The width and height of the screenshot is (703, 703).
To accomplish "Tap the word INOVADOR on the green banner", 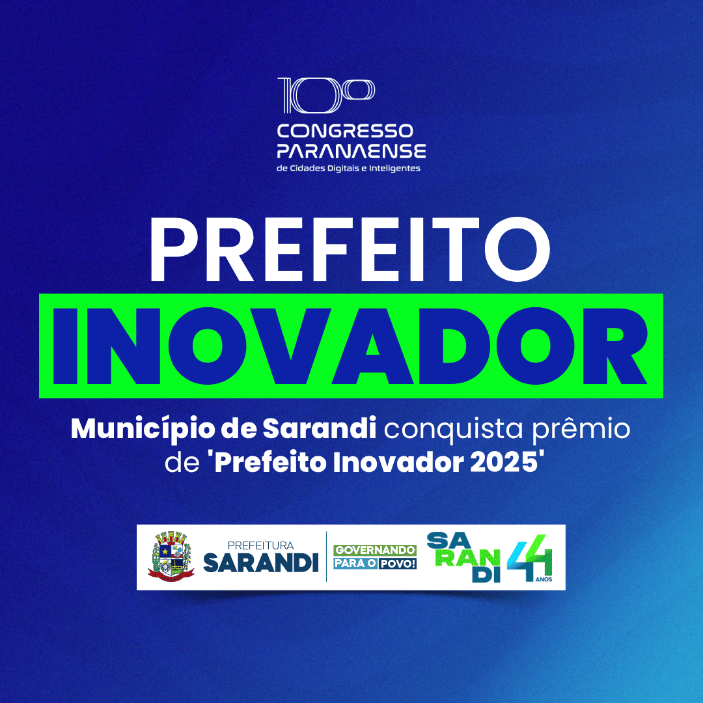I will click(x=351, y=346).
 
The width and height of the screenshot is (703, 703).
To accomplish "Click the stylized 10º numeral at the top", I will click(x=326, y=96).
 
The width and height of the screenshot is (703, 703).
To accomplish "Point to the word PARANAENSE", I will click(x=351, y=152).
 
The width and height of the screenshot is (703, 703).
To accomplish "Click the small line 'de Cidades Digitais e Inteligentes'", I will click(x=349, y=169).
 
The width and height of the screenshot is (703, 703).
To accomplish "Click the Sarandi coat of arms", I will click(x=171, y=556).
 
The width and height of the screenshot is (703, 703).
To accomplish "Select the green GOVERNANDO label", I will click(x=375, y=550).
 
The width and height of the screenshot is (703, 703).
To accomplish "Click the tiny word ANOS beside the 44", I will click(x=545, y=577).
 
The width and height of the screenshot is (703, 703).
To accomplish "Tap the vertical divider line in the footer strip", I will click(x=326, y=557).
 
